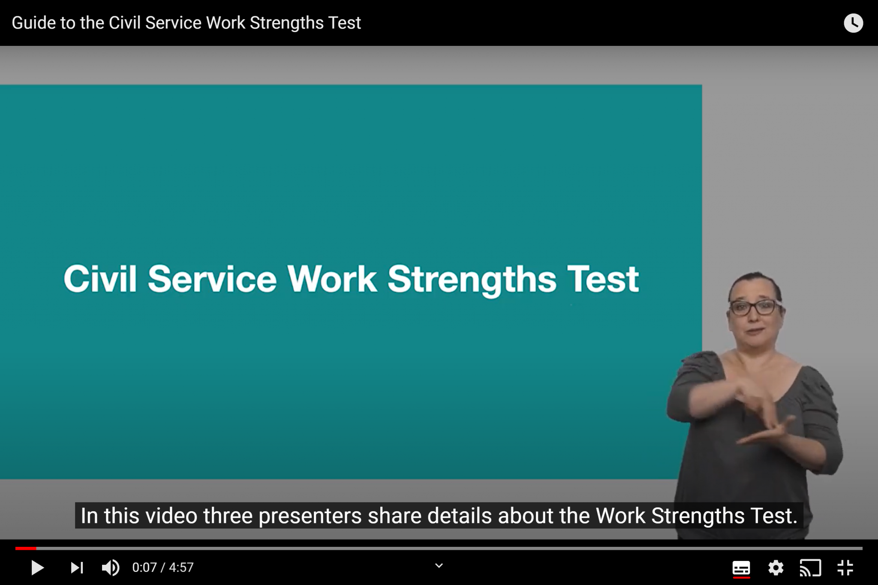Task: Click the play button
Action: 38,568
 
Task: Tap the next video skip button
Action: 77,568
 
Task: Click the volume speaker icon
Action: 111,568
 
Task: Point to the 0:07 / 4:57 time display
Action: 163,567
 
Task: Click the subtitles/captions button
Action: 741,568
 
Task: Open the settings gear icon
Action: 776,568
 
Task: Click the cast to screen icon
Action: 810,568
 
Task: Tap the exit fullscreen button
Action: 845,568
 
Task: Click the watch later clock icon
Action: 853,23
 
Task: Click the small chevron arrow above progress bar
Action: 439,566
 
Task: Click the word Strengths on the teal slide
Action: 472,280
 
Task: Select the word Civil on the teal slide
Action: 100,279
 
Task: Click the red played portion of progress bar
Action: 26,548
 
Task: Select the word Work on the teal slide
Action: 332,279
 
